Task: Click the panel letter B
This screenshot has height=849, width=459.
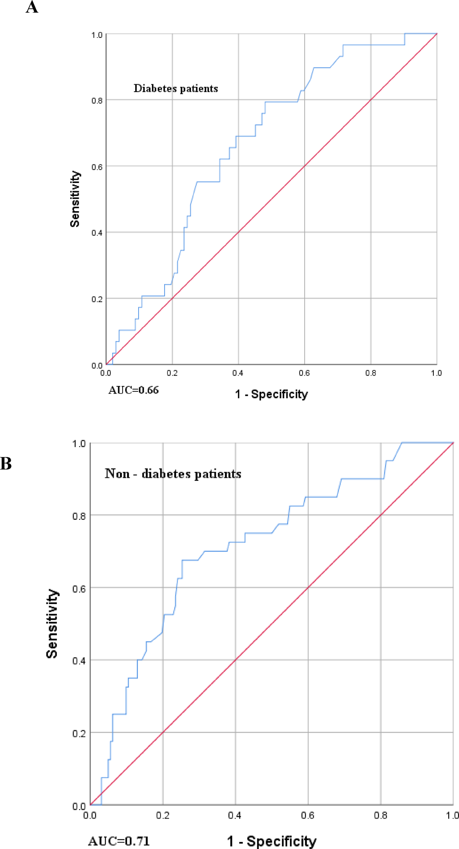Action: coord(6,463)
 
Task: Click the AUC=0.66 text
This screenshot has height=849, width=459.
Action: coord(133,390)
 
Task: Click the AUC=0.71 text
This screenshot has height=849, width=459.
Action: coord(119,841)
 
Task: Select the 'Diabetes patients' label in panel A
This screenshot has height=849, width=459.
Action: coord(176,88)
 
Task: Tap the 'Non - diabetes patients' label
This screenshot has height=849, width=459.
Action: coord(173,474)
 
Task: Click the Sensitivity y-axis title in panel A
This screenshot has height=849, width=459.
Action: coord(75,199)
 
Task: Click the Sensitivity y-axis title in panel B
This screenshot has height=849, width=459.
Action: coord(52,624)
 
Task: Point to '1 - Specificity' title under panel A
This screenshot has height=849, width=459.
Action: coord(271,394)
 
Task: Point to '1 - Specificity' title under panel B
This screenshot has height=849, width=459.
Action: coord(272,841)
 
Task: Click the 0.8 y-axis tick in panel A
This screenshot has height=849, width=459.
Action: coord(97,101)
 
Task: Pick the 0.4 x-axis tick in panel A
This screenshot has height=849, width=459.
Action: coord(238,373)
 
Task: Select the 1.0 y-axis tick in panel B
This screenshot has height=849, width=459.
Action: coord(79,443)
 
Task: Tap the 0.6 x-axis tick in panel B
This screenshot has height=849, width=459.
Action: coord(307,815)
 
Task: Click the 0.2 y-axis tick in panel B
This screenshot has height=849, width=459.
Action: coord(79,734)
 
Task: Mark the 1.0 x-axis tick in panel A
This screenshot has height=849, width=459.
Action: coord(436,373)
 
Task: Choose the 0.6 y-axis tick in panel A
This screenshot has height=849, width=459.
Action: coord(97,167)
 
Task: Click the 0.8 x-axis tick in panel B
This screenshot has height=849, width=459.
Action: coord(380,815)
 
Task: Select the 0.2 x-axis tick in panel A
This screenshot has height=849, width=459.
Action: coord(172,373)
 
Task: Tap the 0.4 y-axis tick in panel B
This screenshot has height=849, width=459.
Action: coord(79,661)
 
